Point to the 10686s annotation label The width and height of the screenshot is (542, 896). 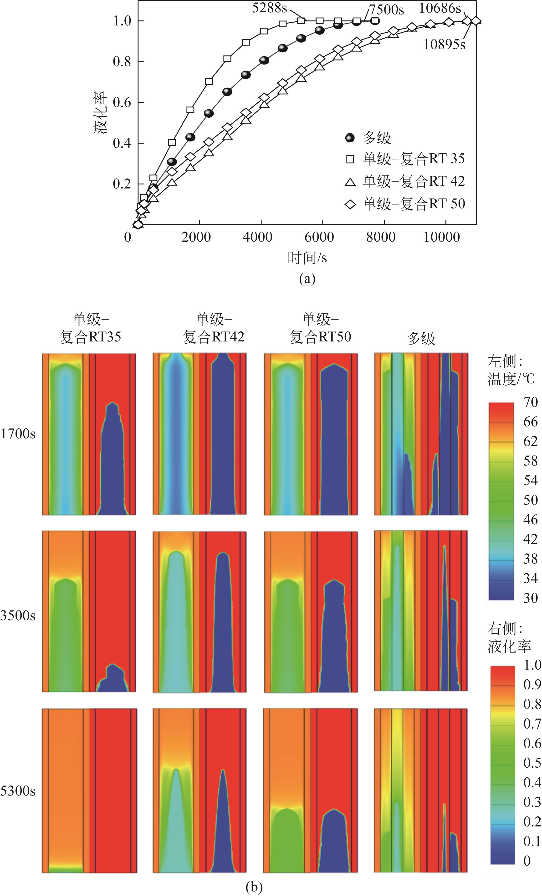tap(440, 8)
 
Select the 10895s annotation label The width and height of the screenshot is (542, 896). tap(445, 44)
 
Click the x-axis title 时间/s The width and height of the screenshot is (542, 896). tap(307, 258)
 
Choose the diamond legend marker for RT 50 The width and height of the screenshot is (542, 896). tap(350, 204)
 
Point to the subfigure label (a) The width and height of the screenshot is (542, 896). tap(307, 279)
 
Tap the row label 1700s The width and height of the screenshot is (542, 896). tap(18, 434)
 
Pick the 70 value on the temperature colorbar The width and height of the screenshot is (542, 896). tap(530, 402)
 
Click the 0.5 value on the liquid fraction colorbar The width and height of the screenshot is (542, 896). tap(532, 763)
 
